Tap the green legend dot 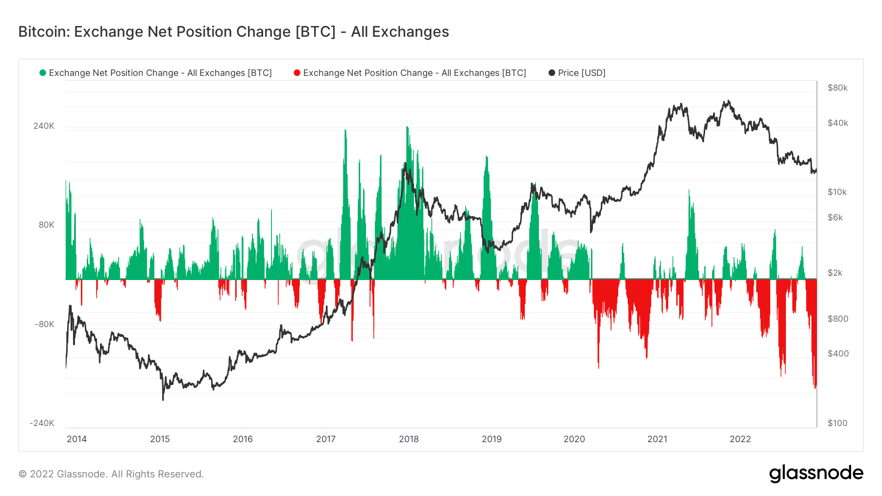click(43, 73)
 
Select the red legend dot click(297, 73)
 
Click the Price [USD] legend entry click(581, 73)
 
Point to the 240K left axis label click(44, 126)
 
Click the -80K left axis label click(44, 324)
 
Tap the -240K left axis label click(42, 423)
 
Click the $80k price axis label click(837, 88)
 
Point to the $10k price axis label click(837, 192)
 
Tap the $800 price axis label click(837, 319)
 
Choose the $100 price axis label click(837, 423)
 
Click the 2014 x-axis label click(77, 439)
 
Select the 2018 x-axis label click(409, 439)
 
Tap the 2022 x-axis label click(740, 439)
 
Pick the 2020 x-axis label click(574, 439)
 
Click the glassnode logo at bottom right click(816, 473)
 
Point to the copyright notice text click(111, 474)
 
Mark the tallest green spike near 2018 click(407, 128)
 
